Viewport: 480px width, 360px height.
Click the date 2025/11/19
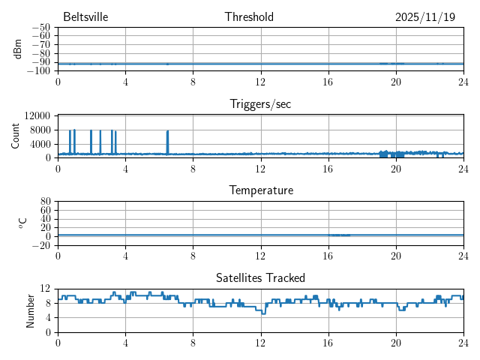424,17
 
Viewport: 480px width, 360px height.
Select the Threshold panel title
249,17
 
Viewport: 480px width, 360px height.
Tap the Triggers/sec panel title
260,104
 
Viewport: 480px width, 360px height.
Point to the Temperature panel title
260,190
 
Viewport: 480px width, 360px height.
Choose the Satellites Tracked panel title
260,277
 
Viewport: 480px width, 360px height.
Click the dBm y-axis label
18,49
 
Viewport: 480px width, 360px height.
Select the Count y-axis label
15,136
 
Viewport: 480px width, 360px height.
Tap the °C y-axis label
22,223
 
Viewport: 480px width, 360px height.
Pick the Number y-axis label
30,310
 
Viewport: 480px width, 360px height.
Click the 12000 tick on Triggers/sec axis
37,115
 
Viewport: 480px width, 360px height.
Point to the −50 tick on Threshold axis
40,28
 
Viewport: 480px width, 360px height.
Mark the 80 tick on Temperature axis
45,202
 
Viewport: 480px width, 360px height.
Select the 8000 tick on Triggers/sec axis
40,130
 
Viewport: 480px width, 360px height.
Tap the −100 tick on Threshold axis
38,70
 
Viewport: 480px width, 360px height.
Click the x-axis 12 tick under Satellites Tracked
260,342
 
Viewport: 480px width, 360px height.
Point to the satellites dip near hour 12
262,312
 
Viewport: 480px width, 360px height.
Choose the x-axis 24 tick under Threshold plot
463,81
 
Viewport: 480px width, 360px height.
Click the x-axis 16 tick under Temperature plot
328,255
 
